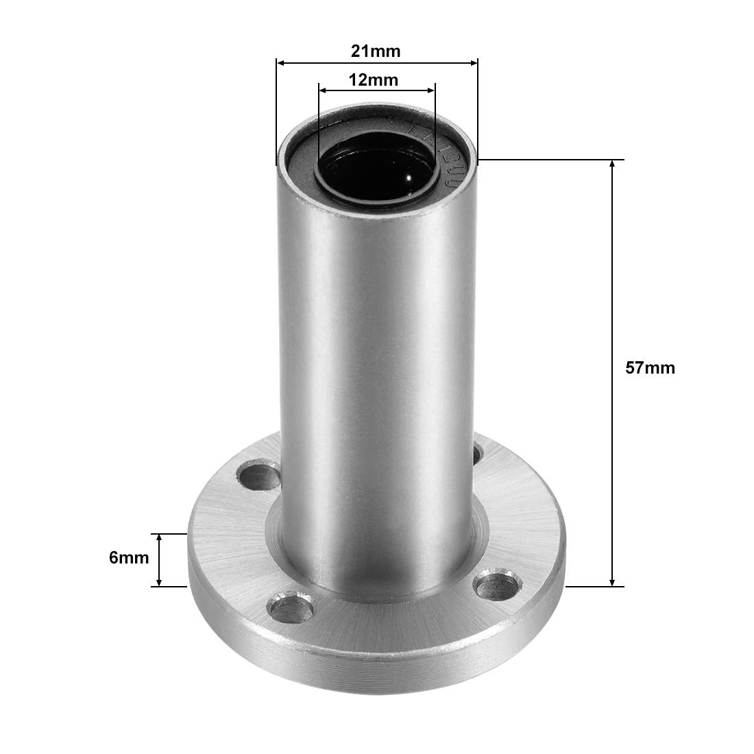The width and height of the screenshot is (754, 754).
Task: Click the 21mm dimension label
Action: click(x=376, y=51)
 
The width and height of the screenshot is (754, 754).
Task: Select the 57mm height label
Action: click(x=650, y=367)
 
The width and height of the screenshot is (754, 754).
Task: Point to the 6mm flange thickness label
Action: click(x=129, y=558)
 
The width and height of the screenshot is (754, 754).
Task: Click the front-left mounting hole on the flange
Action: click(x=291, y=607)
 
